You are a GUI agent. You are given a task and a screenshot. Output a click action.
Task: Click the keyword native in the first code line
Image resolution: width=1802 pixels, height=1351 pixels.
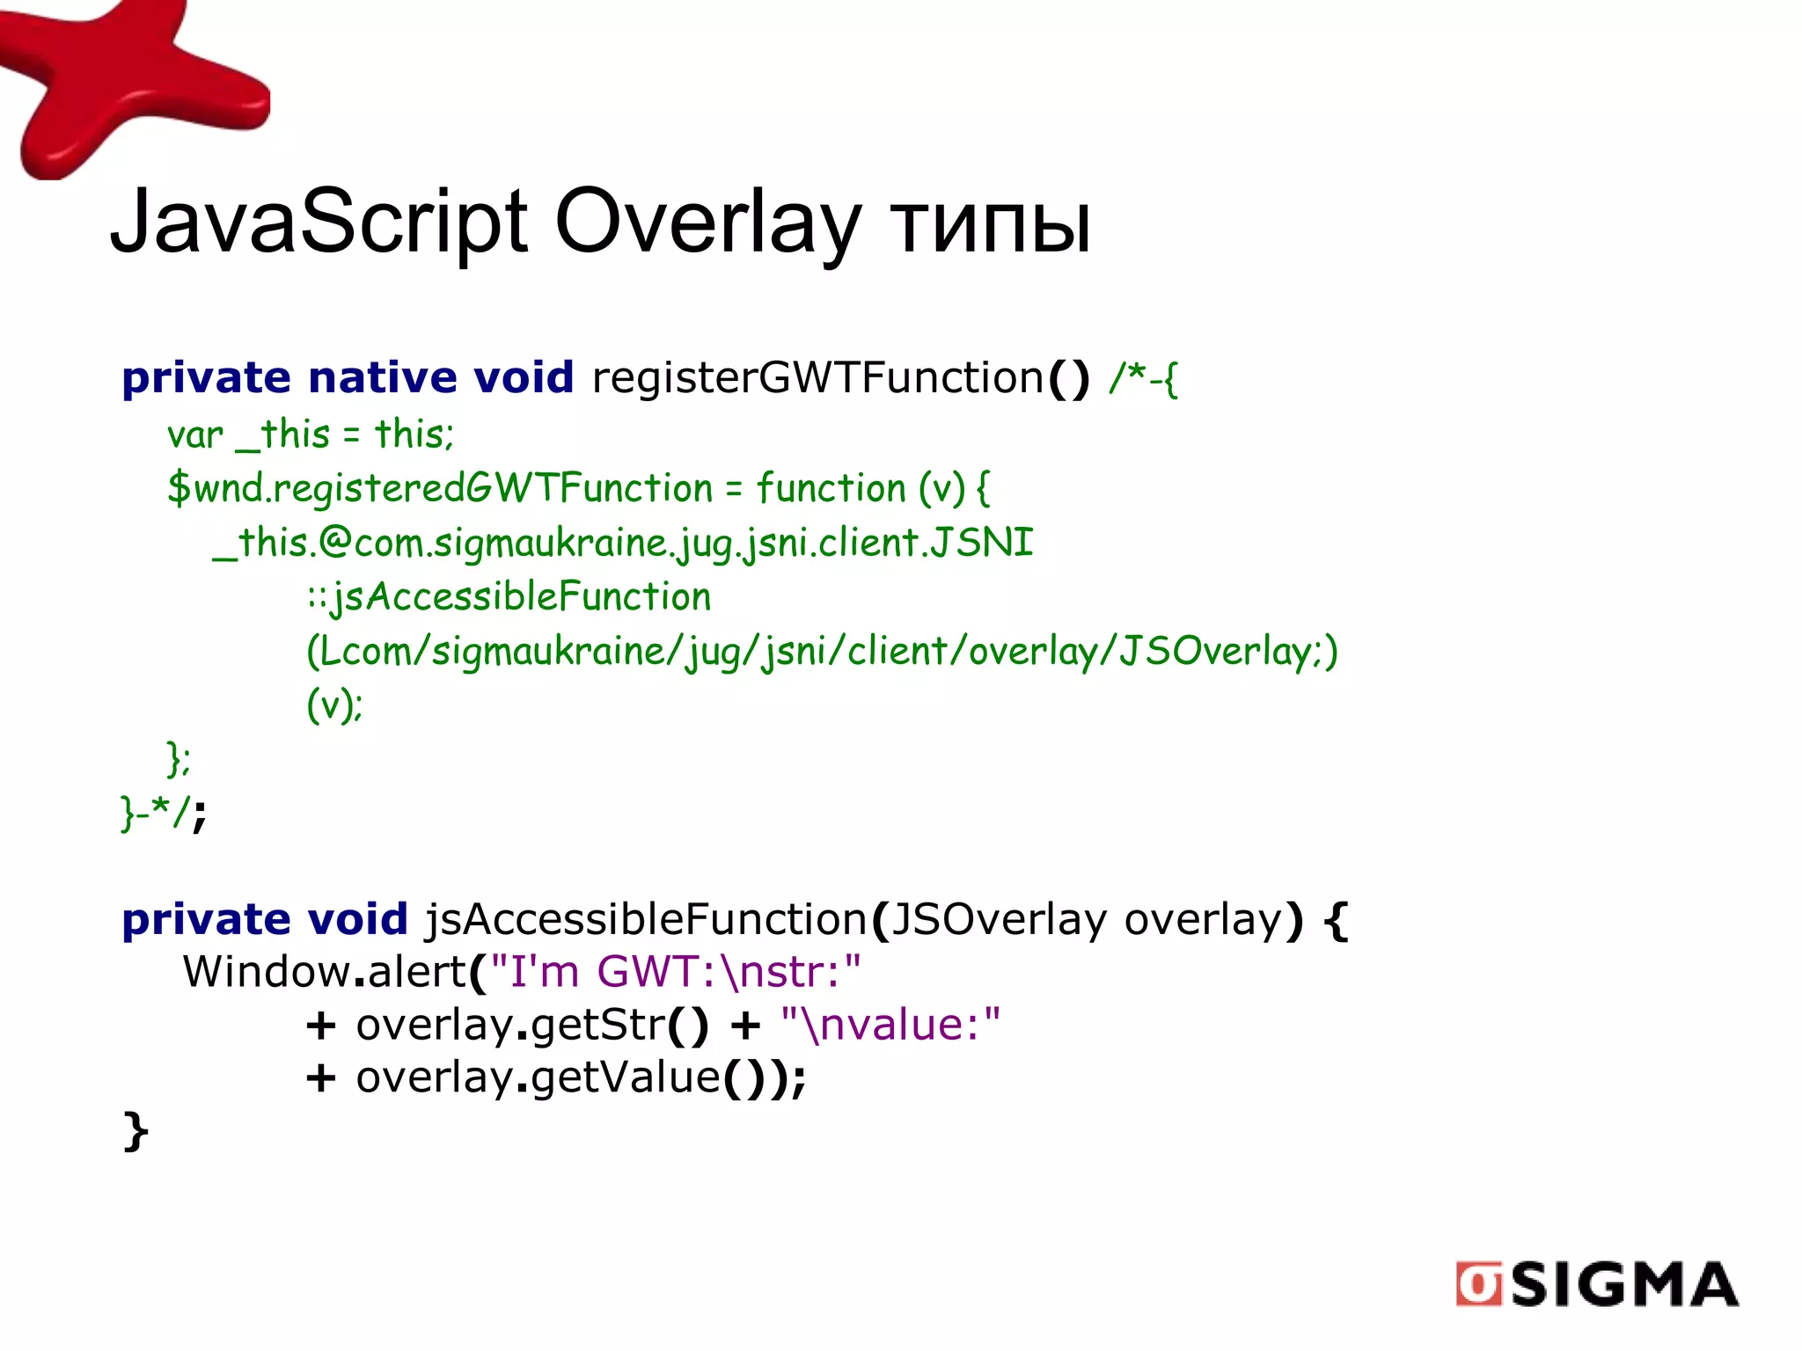click(383, 378)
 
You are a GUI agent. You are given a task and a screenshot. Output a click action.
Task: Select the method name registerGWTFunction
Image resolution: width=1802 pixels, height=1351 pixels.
click(818, 378)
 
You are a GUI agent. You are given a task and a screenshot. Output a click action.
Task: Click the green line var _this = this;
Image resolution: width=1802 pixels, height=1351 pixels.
click(311, 435)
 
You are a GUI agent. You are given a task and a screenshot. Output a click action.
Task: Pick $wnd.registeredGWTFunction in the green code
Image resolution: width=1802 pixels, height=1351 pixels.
click(440, 488)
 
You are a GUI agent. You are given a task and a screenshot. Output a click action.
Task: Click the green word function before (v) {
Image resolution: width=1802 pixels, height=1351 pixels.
click(831, 488)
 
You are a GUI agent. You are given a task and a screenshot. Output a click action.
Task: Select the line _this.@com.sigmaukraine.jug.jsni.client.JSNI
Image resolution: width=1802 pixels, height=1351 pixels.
click(623, 543)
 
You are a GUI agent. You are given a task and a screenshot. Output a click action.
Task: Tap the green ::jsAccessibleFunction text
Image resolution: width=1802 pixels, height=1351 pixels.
click(509, 597)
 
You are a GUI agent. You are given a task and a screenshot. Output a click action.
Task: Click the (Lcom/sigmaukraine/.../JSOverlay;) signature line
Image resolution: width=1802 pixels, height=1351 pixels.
click(822, 652)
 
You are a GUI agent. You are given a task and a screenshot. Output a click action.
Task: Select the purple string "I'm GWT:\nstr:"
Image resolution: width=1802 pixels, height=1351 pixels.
click(675, 972)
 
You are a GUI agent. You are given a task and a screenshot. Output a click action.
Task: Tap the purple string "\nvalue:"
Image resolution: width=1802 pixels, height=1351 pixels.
click(890, 1025)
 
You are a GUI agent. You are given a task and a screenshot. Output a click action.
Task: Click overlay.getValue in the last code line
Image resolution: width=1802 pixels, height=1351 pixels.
click(538, 1077)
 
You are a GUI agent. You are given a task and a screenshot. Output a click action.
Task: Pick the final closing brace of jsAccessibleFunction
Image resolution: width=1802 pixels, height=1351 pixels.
click(135, 1131)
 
